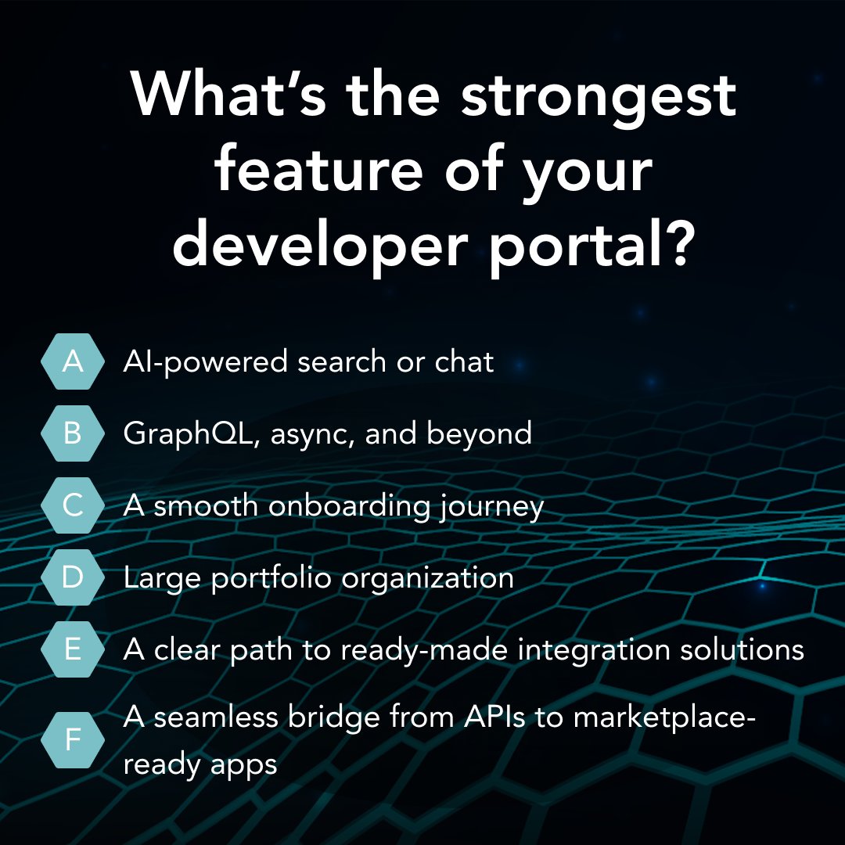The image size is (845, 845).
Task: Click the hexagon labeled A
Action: pos(72,361)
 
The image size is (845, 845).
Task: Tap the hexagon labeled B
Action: pos(72,433)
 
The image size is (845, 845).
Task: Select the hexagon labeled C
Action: pos(72,505)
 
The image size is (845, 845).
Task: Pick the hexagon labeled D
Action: pos(72,577)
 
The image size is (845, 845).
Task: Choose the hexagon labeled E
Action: pos(72,649)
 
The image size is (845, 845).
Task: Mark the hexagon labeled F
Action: pos(72,739)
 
